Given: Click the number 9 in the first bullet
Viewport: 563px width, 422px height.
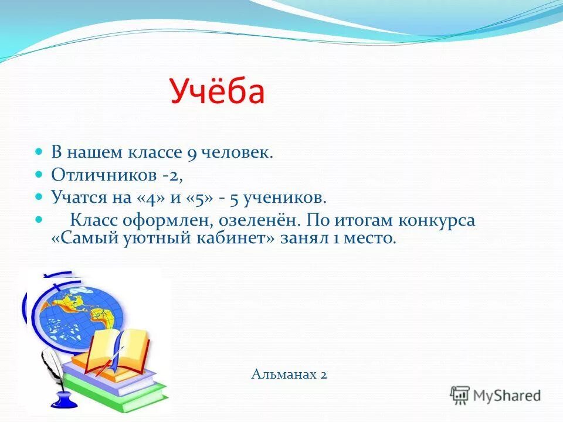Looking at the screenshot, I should click(x=191, y=154).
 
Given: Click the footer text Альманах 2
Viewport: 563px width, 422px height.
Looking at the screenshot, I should click(x=289, y=374).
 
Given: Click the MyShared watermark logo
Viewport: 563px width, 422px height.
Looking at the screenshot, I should click(x=496, y=394).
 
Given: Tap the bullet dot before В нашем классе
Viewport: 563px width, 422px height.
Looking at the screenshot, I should click(x=39, y=152).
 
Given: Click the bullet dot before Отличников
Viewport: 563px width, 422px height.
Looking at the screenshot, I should click(x=39, y=174).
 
